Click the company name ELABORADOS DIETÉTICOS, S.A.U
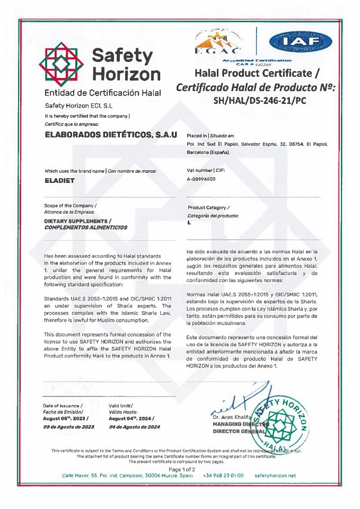click(x=111, y=136)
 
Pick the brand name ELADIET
click(x=60, y=180)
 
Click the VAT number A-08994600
click(x=201, y=180)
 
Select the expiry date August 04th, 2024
click(x=132, y=419)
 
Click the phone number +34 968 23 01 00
click(x=223, y=476)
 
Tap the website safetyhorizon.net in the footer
click(x=275, y=476)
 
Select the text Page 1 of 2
click(x=182, y=469)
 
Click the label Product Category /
click(x=208, y=207)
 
